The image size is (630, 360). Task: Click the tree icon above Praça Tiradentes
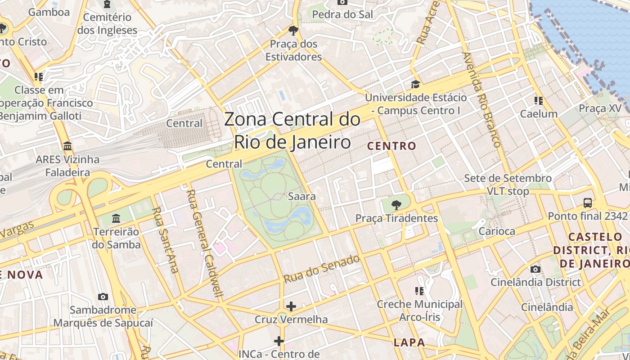point(396,205)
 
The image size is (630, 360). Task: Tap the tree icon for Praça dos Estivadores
point(293,31)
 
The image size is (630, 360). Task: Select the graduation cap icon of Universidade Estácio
point(415,84)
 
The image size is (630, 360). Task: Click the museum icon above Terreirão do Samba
point(117,218)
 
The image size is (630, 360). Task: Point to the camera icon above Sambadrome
point(103,297)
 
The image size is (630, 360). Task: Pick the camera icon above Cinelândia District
point(535,269)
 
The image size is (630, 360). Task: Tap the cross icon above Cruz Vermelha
point(291,306)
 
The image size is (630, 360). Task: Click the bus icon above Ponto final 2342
point(587,202)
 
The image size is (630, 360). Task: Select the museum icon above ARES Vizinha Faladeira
point(68,146)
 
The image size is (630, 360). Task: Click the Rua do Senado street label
point(322,269)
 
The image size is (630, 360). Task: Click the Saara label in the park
point(301,197)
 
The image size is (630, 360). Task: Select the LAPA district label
point(409,342)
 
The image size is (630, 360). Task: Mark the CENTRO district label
point(391,146)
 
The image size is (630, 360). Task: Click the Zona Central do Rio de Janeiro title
point(292,131)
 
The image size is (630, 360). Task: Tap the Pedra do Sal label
point(342,14)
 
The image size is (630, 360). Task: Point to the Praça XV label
point(600,108)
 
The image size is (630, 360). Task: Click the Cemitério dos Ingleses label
point(107,24)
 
